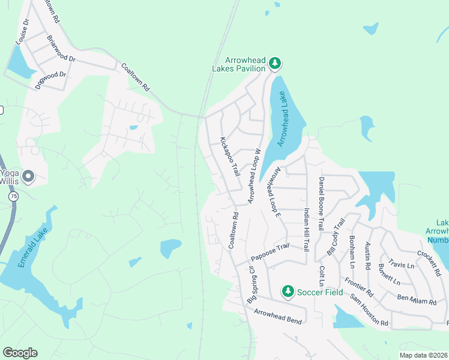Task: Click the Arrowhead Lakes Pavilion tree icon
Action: click(x=274, y=62)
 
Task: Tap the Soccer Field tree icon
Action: click(x=288, y=292)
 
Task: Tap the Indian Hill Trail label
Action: click(x=306, y=229)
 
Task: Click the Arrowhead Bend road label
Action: click(x=277, y=316)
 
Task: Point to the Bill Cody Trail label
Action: click(x=336, y=236)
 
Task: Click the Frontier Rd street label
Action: click(x=359, y=287)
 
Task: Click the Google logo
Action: click(x=20, y=353)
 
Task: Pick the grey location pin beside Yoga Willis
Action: click(x=28, y=176)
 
